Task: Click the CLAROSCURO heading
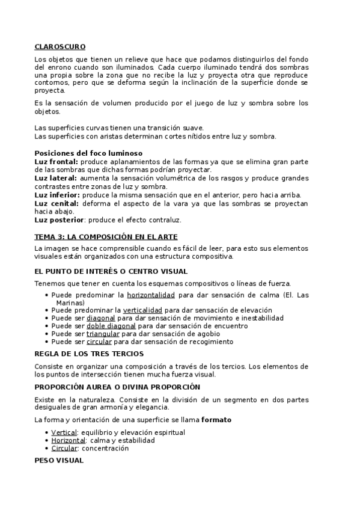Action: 60,46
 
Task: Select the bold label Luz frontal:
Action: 56,162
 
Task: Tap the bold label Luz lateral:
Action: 55,179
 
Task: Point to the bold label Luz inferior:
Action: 57,195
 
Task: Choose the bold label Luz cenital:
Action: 56,204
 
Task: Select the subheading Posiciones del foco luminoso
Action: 88,153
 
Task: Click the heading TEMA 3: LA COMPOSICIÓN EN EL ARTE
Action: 106,237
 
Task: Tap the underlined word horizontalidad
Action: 150,295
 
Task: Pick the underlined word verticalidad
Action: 148,310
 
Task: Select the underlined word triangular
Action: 103,334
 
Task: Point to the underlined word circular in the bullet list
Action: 99,342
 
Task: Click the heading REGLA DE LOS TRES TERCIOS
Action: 89,354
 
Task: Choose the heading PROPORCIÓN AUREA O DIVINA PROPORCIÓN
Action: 117,387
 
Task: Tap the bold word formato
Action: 216,419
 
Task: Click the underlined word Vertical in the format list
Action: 64,432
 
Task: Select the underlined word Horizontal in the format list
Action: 69,440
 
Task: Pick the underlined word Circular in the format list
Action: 64,448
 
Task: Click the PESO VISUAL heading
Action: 59,461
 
